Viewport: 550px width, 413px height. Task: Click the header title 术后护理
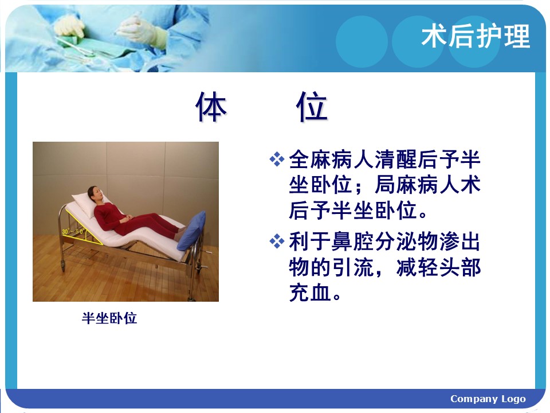point(476,36)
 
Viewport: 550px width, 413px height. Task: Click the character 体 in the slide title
point(211,107)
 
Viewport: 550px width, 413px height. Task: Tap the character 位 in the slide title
point(312,107)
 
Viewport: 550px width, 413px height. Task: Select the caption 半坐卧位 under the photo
point(109,318)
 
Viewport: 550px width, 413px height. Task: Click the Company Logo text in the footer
point(488,399)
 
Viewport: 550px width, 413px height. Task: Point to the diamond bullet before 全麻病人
point(277,159)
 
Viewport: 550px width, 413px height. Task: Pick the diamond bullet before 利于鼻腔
point(277,241)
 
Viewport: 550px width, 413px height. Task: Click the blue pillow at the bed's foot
point(191,231)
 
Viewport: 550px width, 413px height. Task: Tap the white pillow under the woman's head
point(86,204)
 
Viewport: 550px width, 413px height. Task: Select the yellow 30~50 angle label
point(73,232)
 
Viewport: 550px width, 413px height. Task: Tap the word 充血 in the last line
point(310,293)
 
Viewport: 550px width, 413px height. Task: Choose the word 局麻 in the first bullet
point(396,185)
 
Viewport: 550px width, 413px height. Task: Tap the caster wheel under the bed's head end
point(63,266)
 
